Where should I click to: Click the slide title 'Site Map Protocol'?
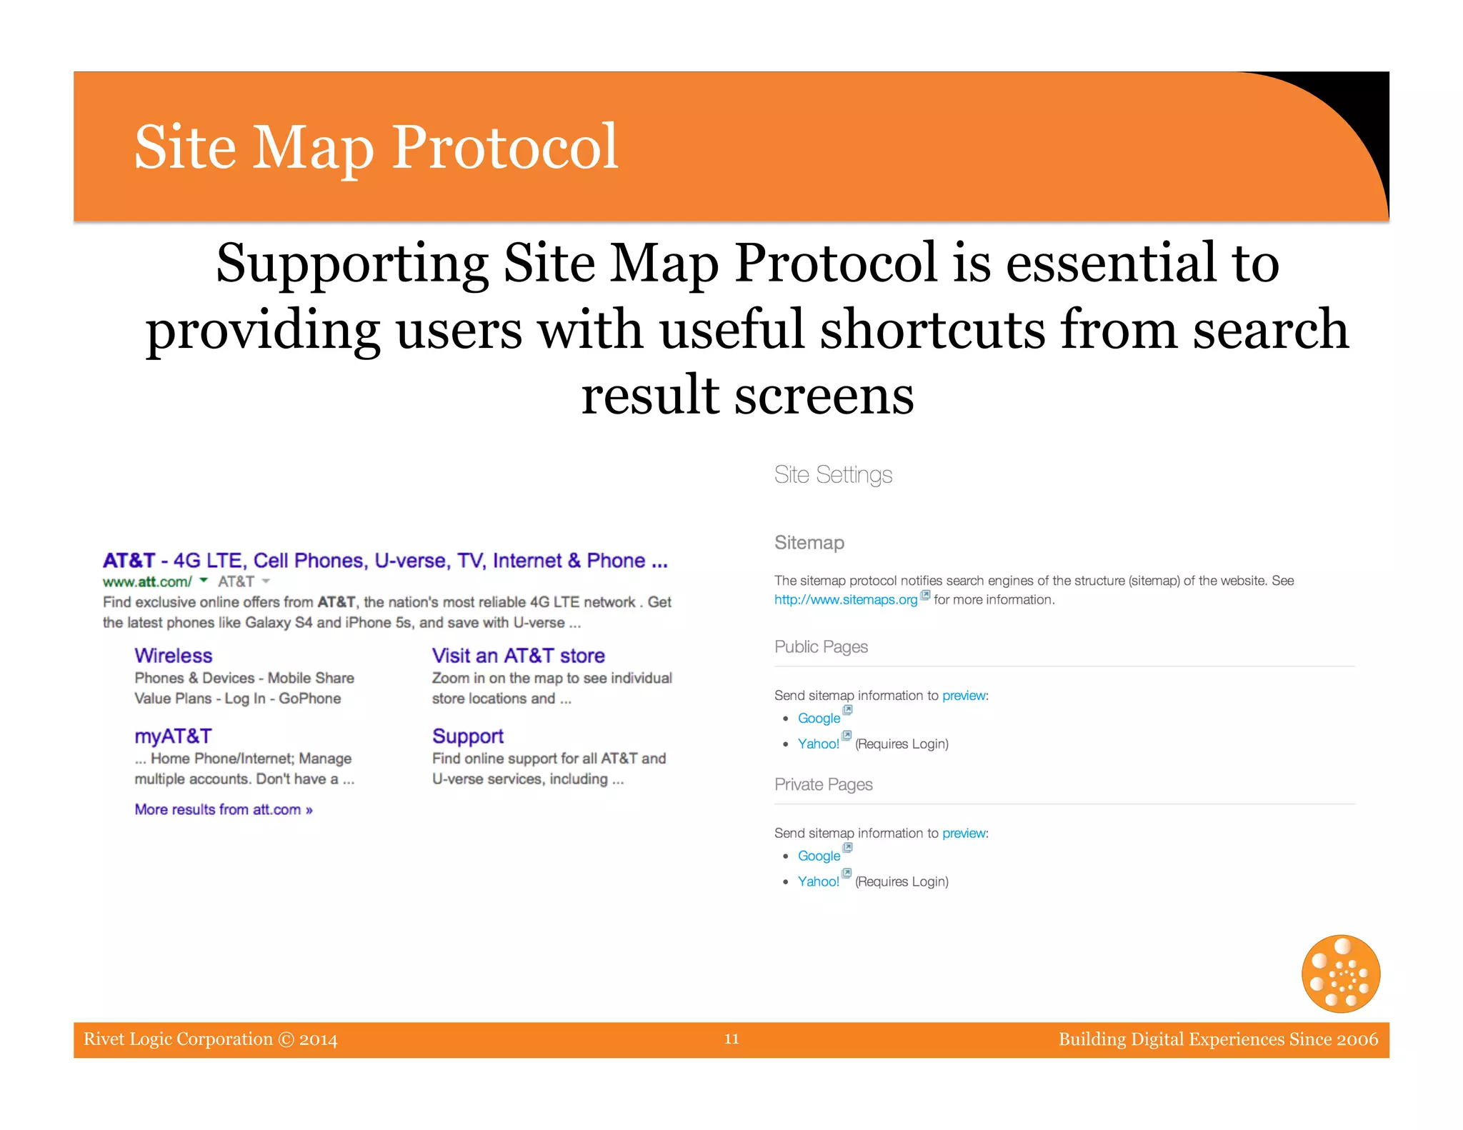[376, 147]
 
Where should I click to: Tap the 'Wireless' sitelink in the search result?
[174, 656]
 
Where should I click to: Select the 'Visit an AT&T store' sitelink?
[518, 656]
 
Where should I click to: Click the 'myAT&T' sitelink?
[173, 736]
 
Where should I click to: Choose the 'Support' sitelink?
[468, 736]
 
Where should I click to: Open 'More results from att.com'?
[224, 809]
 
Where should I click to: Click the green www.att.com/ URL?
[147, 581]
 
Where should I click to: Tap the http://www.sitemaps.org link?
[846, 600]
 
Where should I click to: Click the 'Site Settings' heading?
[833, 475]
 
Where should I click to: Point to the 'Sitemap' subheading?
[809, 543]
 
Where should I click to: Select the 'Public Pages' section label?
[821, 646]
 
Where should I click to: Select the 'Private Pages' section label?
[823, 784]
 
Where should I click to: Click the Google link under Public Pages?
[819, 719]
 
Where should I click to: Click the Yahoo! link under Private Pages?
[819, 881]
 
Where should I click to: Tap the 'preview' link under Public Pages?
[964, 696]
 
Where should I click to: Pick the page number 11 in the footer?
[731, 1039]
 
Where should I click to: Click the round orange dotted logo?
[1341, 974]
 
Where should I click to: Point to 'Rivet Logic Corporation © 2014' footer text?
[210, 1039]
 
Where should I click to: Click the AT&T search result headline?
[385, 561]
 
